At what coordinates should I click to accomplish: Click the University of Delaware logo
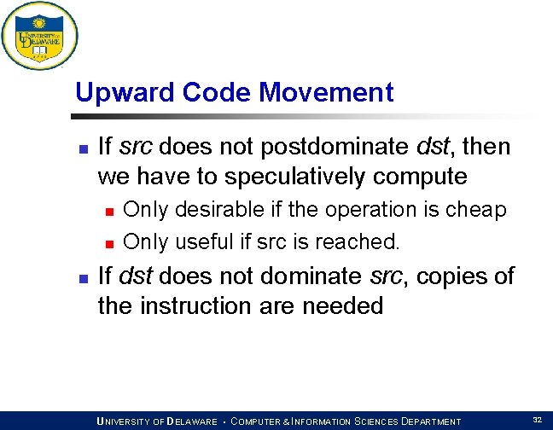coord(39,37)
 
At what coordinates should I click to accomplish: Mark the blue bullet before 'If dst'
coord(82,278)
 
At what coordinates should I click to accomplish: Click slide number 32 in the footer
coord(537,420)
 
